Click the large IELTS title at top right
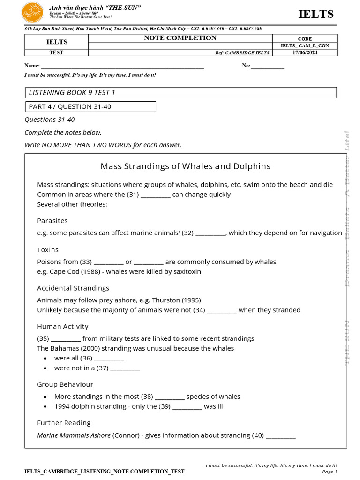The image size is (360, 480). coord(316,14)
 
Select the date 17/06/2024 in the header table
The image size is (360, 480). coord(305,52)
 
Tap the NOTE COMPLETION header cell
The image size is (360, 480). coord(180,38)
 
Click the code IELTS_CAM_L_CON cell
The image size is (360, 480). coord(305,45)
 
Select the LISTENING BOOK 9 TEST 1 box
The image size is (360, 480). coord(180,92)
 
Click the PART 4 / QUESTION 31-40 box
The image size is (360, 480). coord(90,106)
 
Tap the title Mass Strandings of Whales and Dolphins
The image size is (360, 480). coord(186,166)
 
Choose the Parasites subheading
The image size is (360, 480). coord(52,220)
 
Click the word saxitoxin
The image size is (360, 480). coord(186,271)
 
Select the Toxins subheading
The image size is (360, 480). coord(48,250)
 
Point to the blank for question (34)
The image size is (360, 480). coord(222,311)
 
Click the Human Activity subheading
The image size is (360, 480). coord(63,326)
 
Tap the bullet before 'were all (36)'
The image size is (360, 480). coord(45,358)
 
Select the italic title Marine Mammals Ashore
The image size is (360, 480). coord(74,435)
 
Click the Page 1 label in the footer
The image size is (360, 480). coord(330,472)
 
